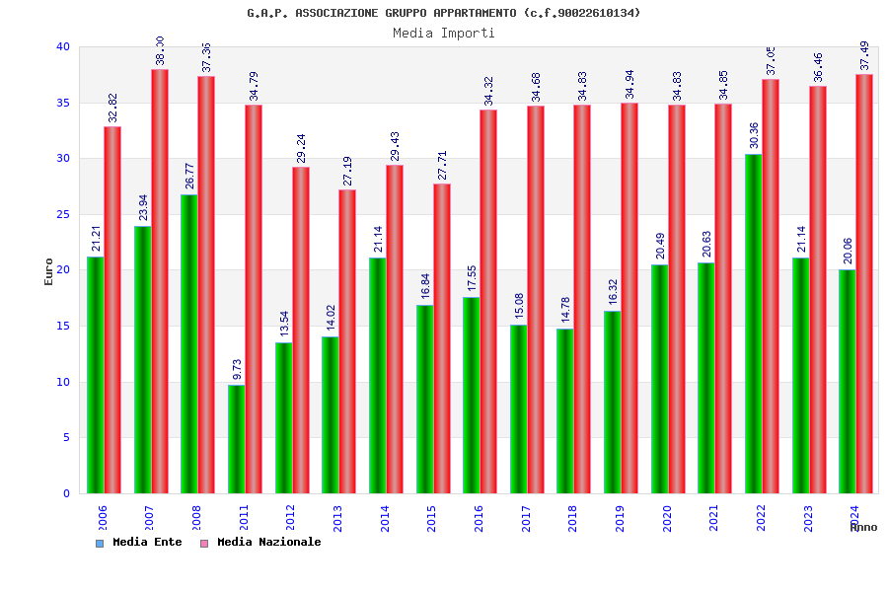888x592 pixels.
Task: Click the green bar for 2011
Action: coord(236,439)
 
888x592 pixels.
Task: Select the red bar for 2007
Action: coord(159,281)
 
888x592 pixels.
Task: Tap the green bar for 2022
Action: coord(753,324)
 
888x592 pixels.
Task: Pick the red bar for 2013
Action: coord(347,341)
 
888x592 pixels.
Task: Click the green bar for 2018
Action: coord(564,410)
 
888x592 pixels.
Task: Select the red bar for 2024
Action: coord(864,283)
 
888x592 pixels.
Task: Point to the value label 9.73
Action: coord(237,369)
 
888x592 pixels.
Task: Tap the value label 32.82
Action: coord(112,109)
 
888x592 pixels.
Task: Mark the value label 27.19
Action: coord(347,172)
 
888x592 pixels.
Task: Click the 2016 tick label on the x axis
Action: coord(479,518)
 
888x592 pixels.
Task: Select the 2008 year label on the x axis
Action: coord(196,518)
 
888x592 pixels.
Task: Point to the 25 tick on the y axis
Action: coord(63,214)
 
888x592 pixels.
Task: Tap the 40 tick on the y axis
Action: coord(63,46)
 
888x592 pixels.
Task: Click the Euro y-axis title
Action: coord(49,271)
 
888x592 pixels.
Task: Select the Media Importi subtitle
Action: coord(444,33)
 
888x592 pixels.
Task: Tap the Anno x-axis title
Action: coord(863,527)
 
